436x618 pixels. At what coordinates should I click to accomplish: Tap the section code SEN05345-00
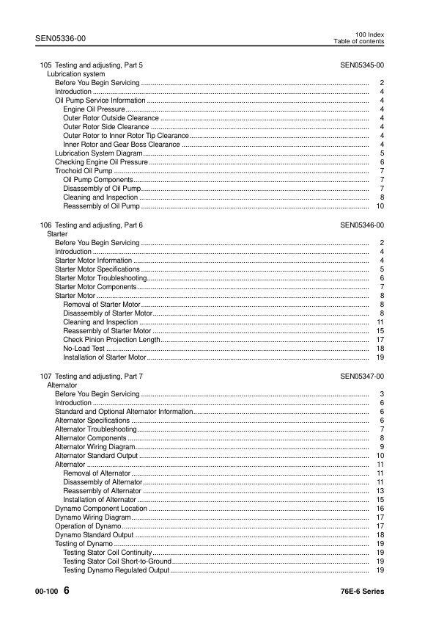tap(362, 65)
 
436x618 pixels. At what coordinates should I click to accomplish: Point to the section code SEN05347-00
tap(362, 376)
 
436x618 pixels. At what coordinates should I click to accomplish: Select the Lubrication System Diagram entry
tap(98, 153)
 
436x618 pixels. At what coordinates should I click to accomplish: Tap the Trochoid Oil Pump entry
tap(84, 171)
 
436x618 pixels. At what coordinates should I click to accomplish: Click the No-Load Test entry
tap(84, 349)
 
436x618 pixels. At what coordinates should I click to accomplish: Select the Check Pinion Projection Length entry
tap(111, 340)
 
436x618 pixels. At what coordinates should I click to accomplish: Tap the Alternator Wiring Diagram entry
tap(95, 447)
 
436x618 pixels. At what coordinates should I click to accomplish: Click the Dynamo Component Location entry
tap(101, 509)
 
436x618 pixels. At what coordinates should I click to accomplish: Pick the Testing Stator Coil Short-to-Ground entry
tap(116, 561)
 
